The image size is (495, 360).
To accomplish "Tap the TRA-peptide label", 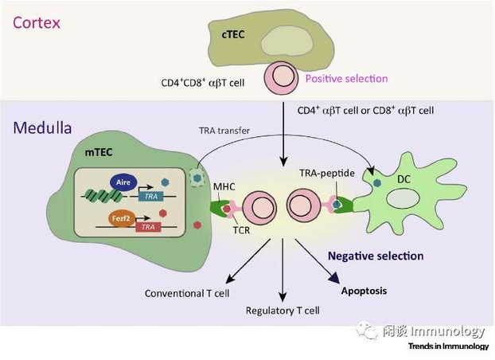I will tap(325, 173).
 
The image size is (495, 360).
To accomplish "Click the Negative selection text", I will tap(376, 256).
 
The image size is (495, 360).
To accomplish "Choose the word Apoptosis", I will tap(364, 291).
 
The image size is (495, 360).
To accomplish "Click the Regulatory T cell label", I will tap(283, 311).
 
